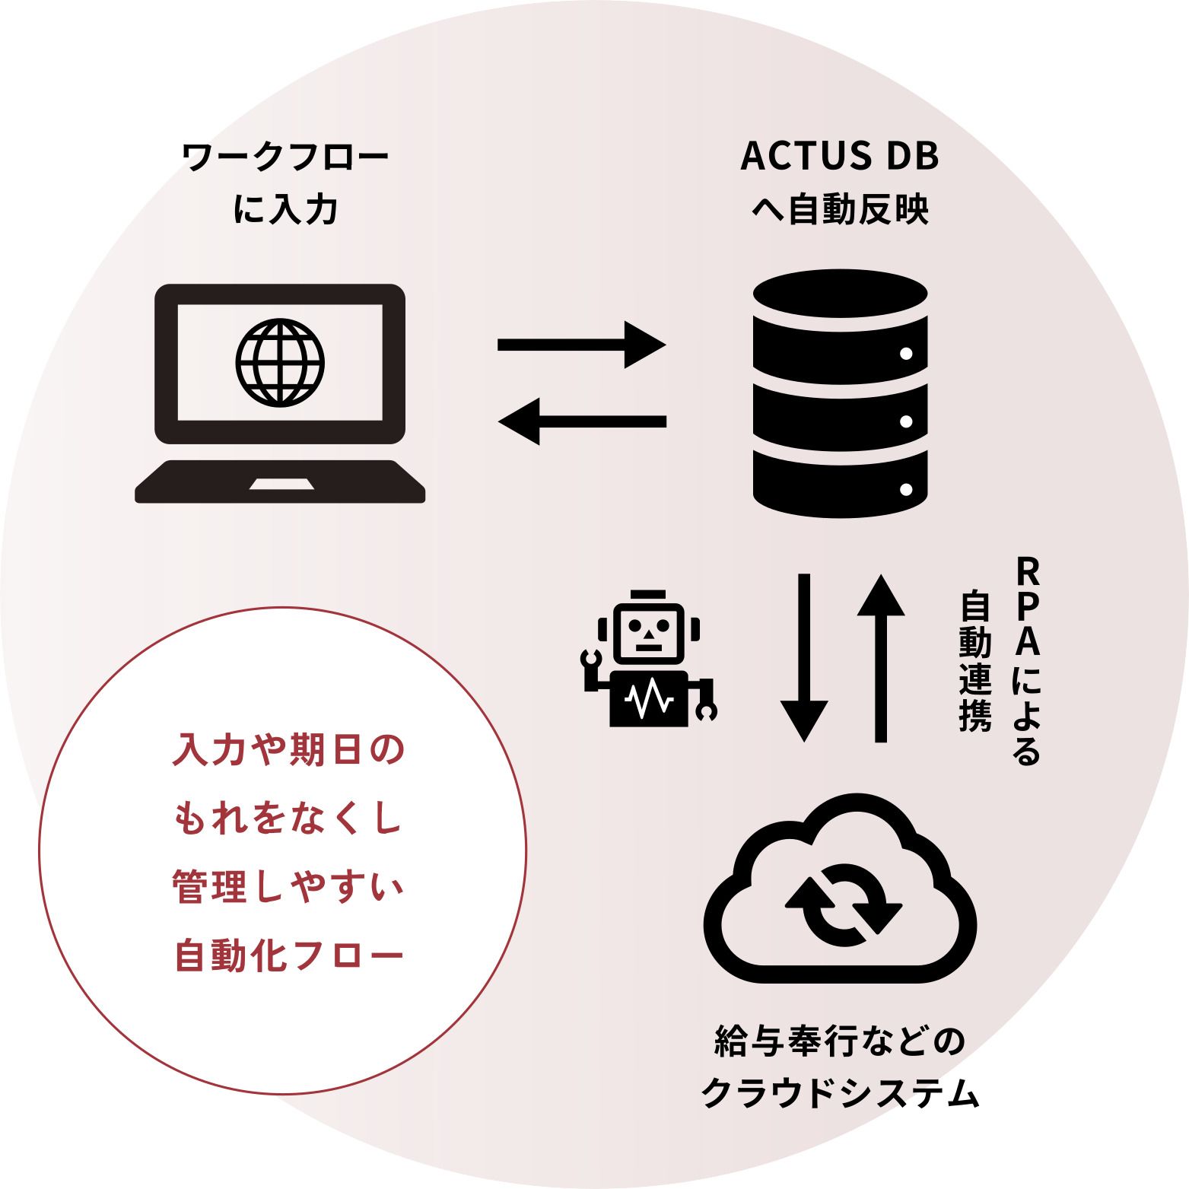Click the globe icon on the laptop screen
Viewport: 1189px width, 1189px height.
pyautogui.click(x=280, y=362)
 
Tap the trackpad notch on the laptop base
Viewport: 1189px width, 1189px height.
pyautogui.click(x=281, y=485)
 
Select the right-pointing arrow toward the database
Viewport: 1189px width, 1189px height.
pyautogui.click(x=582, y=345)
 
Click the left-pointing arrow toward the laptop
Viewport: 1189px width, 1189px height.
pyautogui.click(x=582, y=421)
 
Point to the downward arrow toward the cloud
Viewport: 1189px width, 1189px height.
pyautogui.click(x=804, y=658)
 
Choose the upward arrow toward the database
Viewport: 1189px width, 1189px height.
pyautogui.click(x=881, y=658)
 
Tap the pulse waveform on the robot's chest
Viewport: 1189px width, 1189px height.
pyautogui.click(x=648, y=698)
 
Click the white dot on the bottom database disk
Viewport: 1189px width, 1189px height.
pyautogui.click(x=906, y=489)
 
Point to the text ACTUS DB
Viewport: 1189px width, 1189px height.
pyautogui.click(x=840, y=156)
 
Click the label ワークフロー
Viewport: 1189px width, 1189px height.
pyautogui.click(x=286, y=157)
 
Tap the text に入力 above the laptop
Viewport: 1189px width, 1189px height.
pyautogui.click(x=286, y=209)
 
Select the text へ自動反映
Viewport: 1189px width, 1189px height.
pyautogui.click(x=840, y=209)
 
